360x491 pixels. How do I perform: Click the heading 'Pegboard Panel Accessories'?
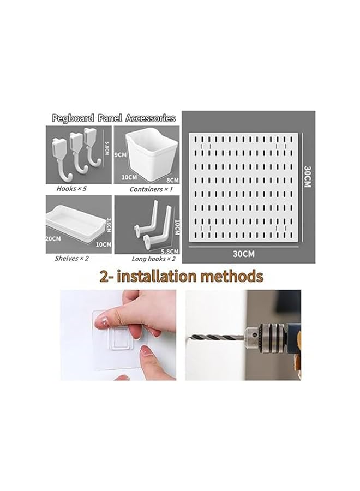[x=113, y=118]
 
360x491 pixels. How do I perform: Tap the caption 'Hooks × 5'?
[x=69, y=189]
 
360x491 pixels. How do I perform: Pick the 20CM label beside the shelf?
[x=53, y=238]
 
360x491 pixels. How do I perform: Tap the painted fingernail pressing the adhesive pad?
[x=101, y=324]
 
